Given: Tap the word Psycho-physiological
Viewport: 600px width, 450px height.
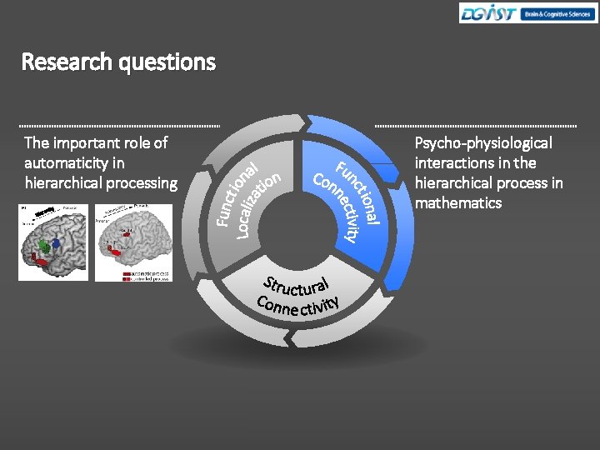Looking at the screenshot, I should (483, 143).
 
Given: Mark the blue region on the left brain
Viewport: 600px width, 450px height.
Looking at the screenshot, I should (56, 242).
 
